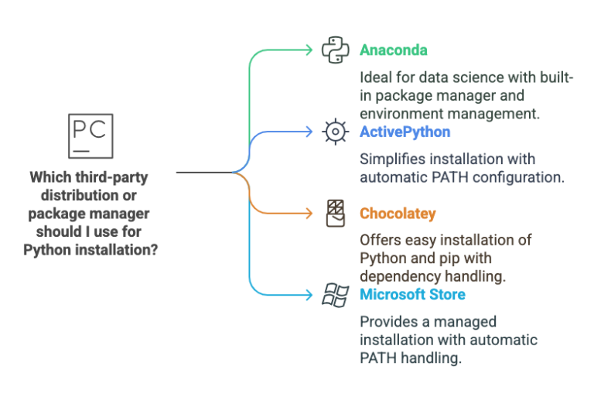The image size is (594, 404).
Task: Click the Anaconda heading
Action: [394, 50]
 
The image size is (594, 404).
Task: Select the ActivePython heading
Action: [405, 132]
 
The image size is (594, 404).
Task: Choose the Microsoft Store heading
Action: [412, 294]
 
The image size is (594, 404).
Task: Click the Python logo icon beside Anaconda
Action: [334, 50]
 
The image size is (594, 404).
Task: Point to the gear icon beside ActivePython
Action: [334, 132]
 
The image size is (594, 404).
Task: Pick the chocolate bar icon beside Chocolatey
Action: [335, 213]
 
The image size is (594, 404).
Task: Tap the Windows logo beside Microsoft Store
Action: [334, 294]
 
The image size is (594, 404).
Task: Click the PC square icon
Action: [90, 136]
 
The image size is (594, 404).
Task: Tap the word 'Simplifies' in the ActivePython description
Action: [391, 159]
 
